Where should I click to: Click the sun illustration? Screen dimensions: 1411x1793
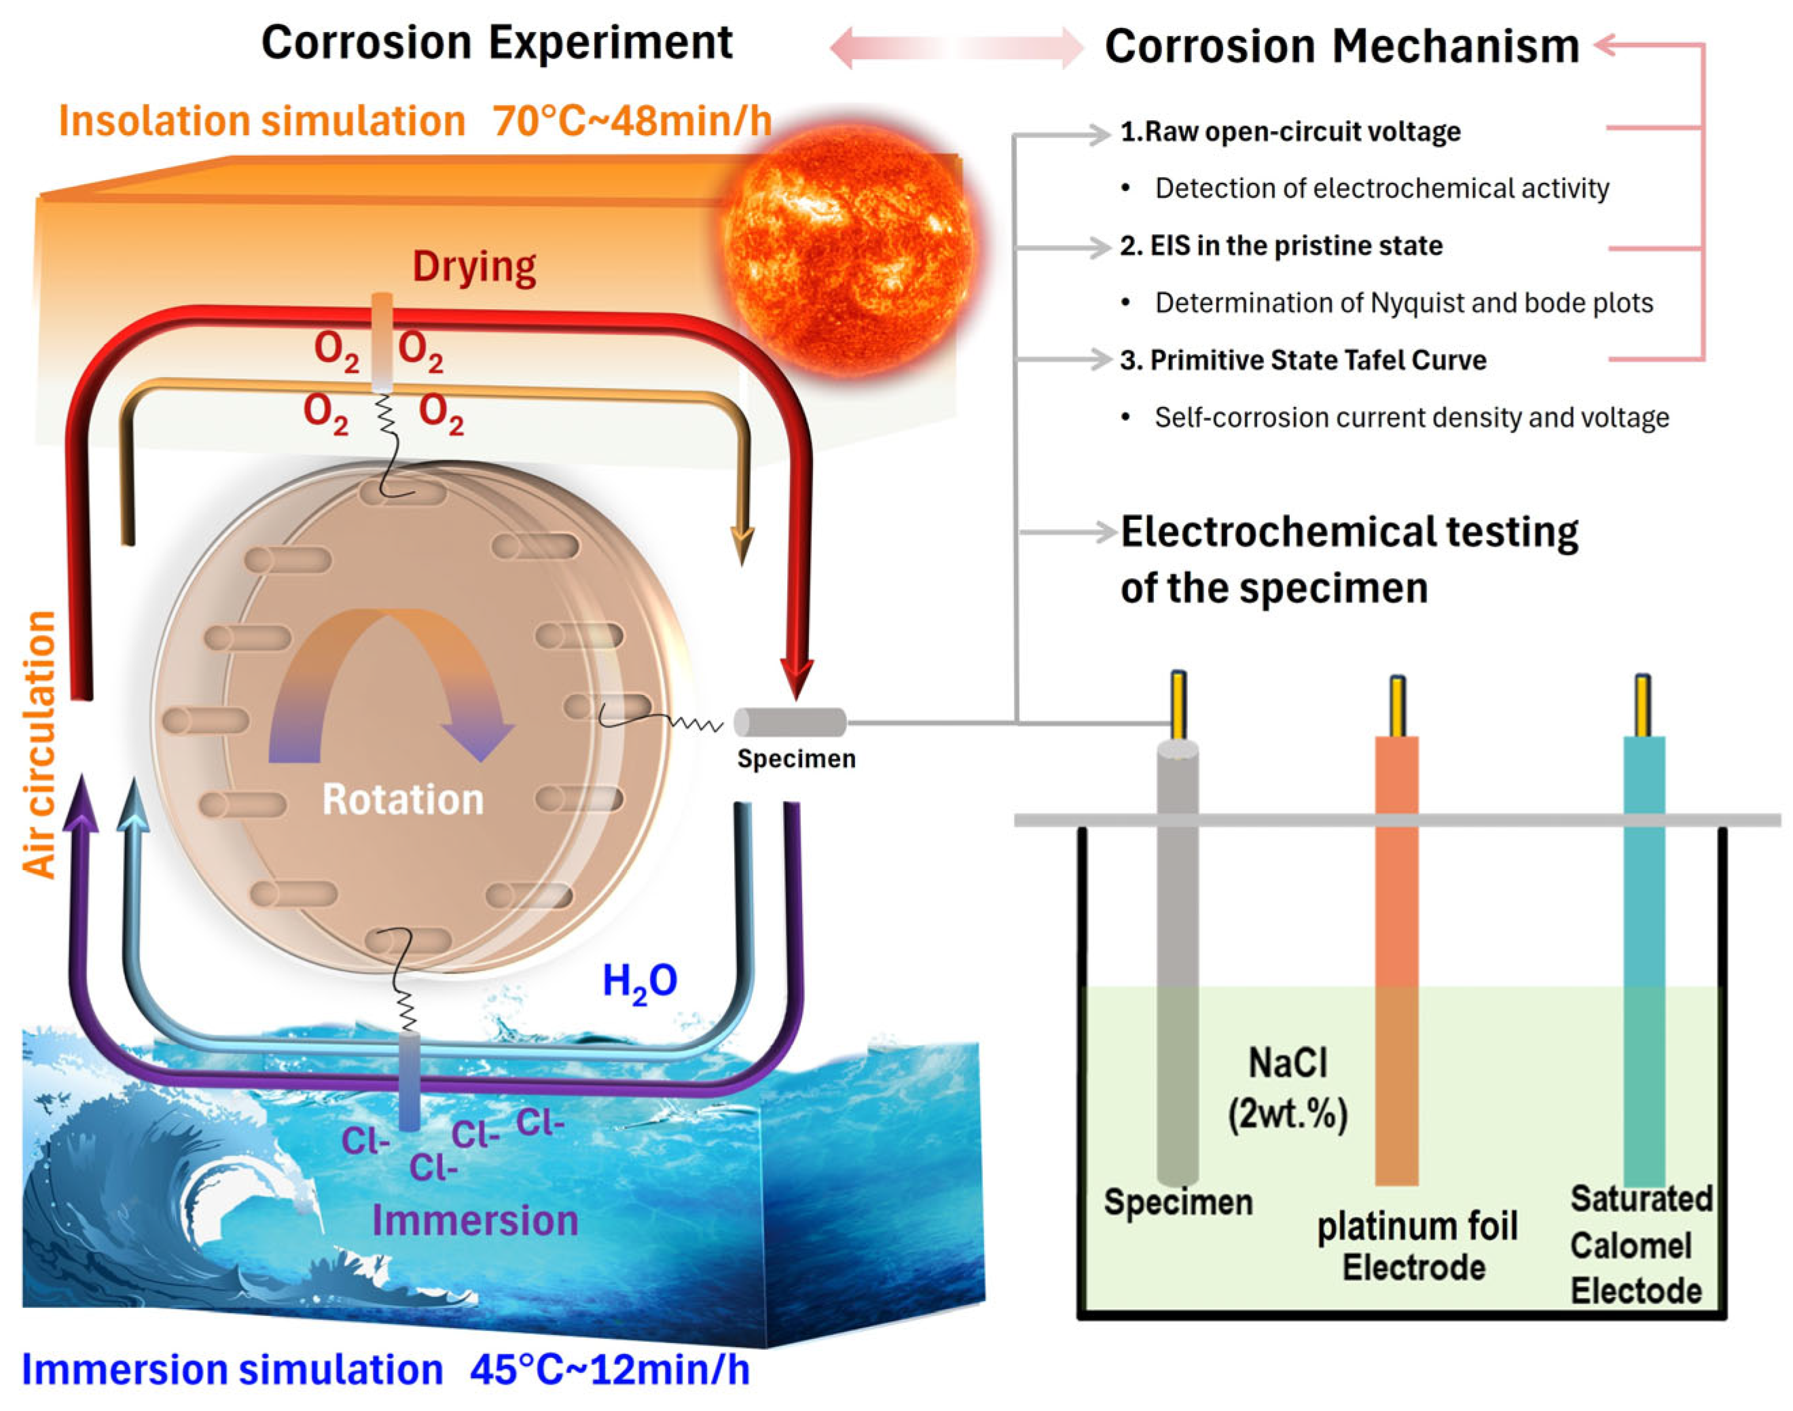point(848,240)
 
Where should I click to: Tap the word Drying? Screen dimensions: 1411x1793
point(474,267)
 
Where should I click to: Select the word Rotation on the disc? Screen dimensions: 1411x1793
point(402,799)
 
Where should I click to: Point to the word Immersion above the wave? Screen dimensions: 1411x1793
point(475,1220)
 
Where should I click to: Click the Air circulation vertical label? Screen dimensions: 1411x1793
point(39,743)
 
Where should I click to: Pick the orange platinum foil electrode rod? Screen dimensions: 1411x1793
point(1396,959)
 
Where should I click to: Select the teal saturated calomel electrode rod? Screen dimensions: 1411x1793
point(1644,959)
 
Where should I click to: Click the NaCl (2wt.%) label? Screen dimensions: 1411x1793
point(1288,1088)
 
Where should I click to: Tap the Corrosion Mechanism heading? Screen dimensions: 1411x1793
point(1341,46)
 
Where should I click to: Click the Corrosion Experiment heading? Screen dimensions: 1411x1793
point(496,43)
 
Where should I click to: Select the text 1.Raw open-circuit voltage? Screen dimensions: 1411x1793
point(1290,131)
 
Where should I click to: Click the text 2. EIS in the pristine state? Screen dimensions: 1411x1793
point(1281,245)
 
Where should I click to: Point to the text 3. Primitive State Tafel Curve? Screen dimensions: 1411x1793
point(1303,360)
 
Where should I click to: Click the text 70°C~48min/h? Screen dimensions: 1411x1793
point(632,122)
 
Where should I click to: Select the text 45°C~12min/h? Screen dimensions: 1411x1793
point(609,1370)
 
